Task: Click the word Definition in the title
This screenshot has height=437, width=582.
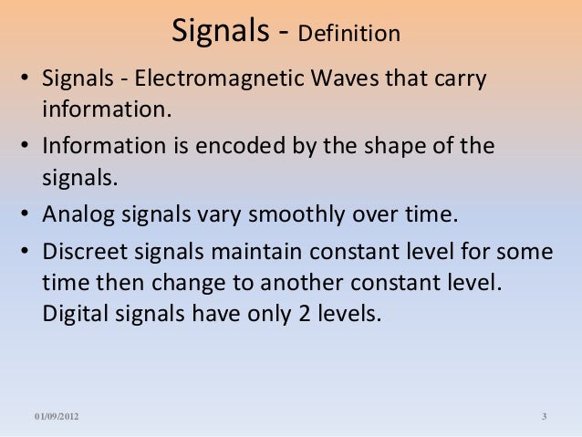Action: [350, 35]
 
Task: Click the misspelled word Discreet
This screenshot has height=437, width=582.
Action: [81, 250]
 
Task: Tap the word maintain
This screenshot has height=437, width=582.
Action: [232, 250]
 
